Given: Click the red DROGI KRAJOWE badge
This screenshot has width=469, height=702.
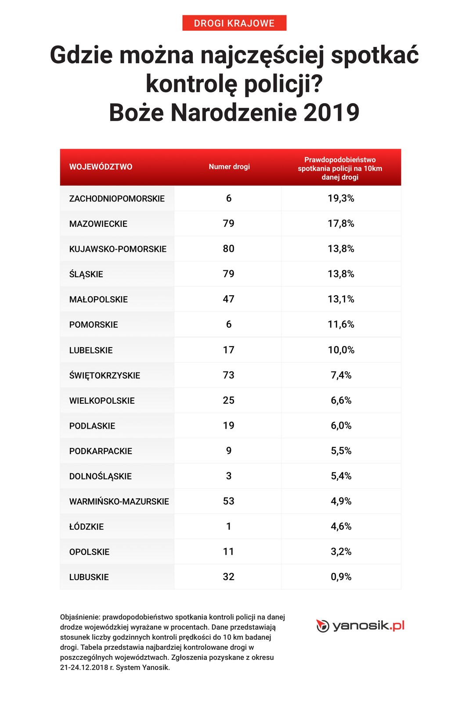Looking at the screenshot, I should pyautogui.click(x=234, y=23).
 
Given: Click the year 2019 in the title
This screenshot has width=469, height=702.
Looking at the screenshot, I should pyautogui.click(x=331, y=113).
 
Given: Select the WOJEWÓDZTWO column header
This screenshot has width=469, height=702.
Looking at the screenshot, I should pyautogui.click(x=101, y=167).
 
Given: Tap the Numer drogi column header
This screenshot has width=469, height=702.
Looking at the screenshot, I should pyautogui.click(x=229, y=167).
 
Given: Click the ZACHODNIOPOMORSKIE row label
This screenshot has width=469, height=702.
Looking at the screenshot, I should pyautogui.click(x=117, y=199).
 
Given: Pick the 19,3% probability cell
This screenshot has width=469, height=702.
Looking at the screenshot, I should pyautogui.click(x=341, y=198).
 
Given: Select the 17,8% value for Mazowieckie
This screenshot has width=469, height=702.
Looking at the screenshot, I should pyautogui.click(x=341, y=224).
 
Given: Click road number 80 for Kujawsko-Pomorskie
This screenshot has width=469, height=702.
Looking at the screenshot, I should pyautogui.click(x=229, y=249).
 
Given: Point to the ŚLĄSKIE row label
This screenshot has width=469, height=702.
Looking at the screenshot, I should pyautogui.click(x=86, y=274).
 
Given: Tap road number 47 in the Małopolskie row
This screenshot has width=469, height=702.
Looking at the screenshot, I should pyautogui.click(x=229, y=299).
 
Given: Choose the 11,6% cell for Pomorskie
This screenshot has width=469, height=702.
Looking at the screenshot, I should pyautogui.click(x=341, y=325).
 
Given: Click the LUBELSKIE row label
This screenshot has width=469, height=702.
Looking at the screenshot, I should pyautogui.click(x=91, y=350).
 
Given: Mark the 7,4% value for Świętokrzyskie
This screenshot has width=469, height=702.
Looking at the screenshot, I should pyautogui.click(x=341, y=375).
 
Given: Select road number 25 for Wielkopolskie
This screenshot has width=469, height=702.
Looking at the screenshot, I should pyautogui.click(x=229, y=401).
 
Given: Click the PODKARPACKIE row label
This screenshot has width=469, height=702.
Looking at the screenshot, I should pyautogui.click(x=101, y=451).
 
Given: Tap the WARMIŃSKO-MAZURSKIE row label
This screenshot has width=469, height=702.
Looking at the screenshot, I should pyautogui.click(x=119, y=501).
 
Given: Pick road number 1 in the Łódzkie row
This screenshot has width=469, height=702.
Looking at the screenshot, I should pyautogui.click(x=229, y=526).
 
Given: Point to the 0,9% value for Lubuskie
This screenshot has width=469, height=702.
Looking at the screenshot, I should pyautogui.click(x=341, y=577).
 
